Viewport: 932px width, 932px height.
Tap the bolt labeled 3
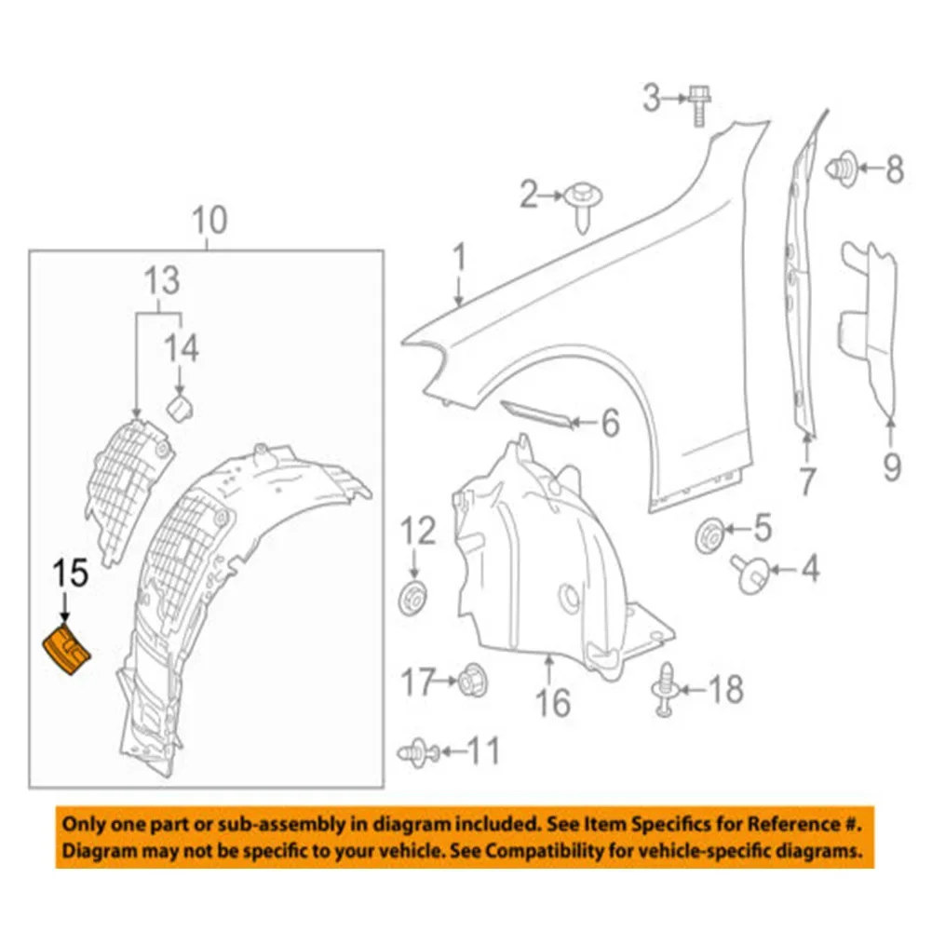[696, 104]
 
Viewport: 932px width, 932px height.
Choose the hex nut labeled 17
[472, 682]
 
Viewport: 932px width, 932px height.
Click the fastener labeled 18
[665, 690]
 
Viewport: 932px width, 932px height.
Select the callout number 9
[891, 465]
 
